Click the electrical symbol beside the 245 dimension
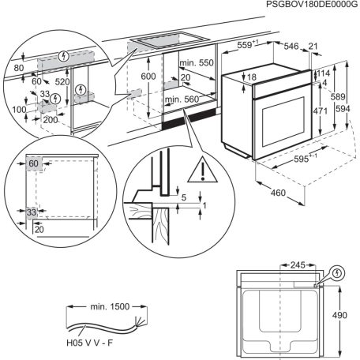coord(339,274)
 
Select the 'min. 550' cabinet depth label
coord(197,62)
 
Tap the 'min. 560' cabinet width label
coord(185,100)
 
